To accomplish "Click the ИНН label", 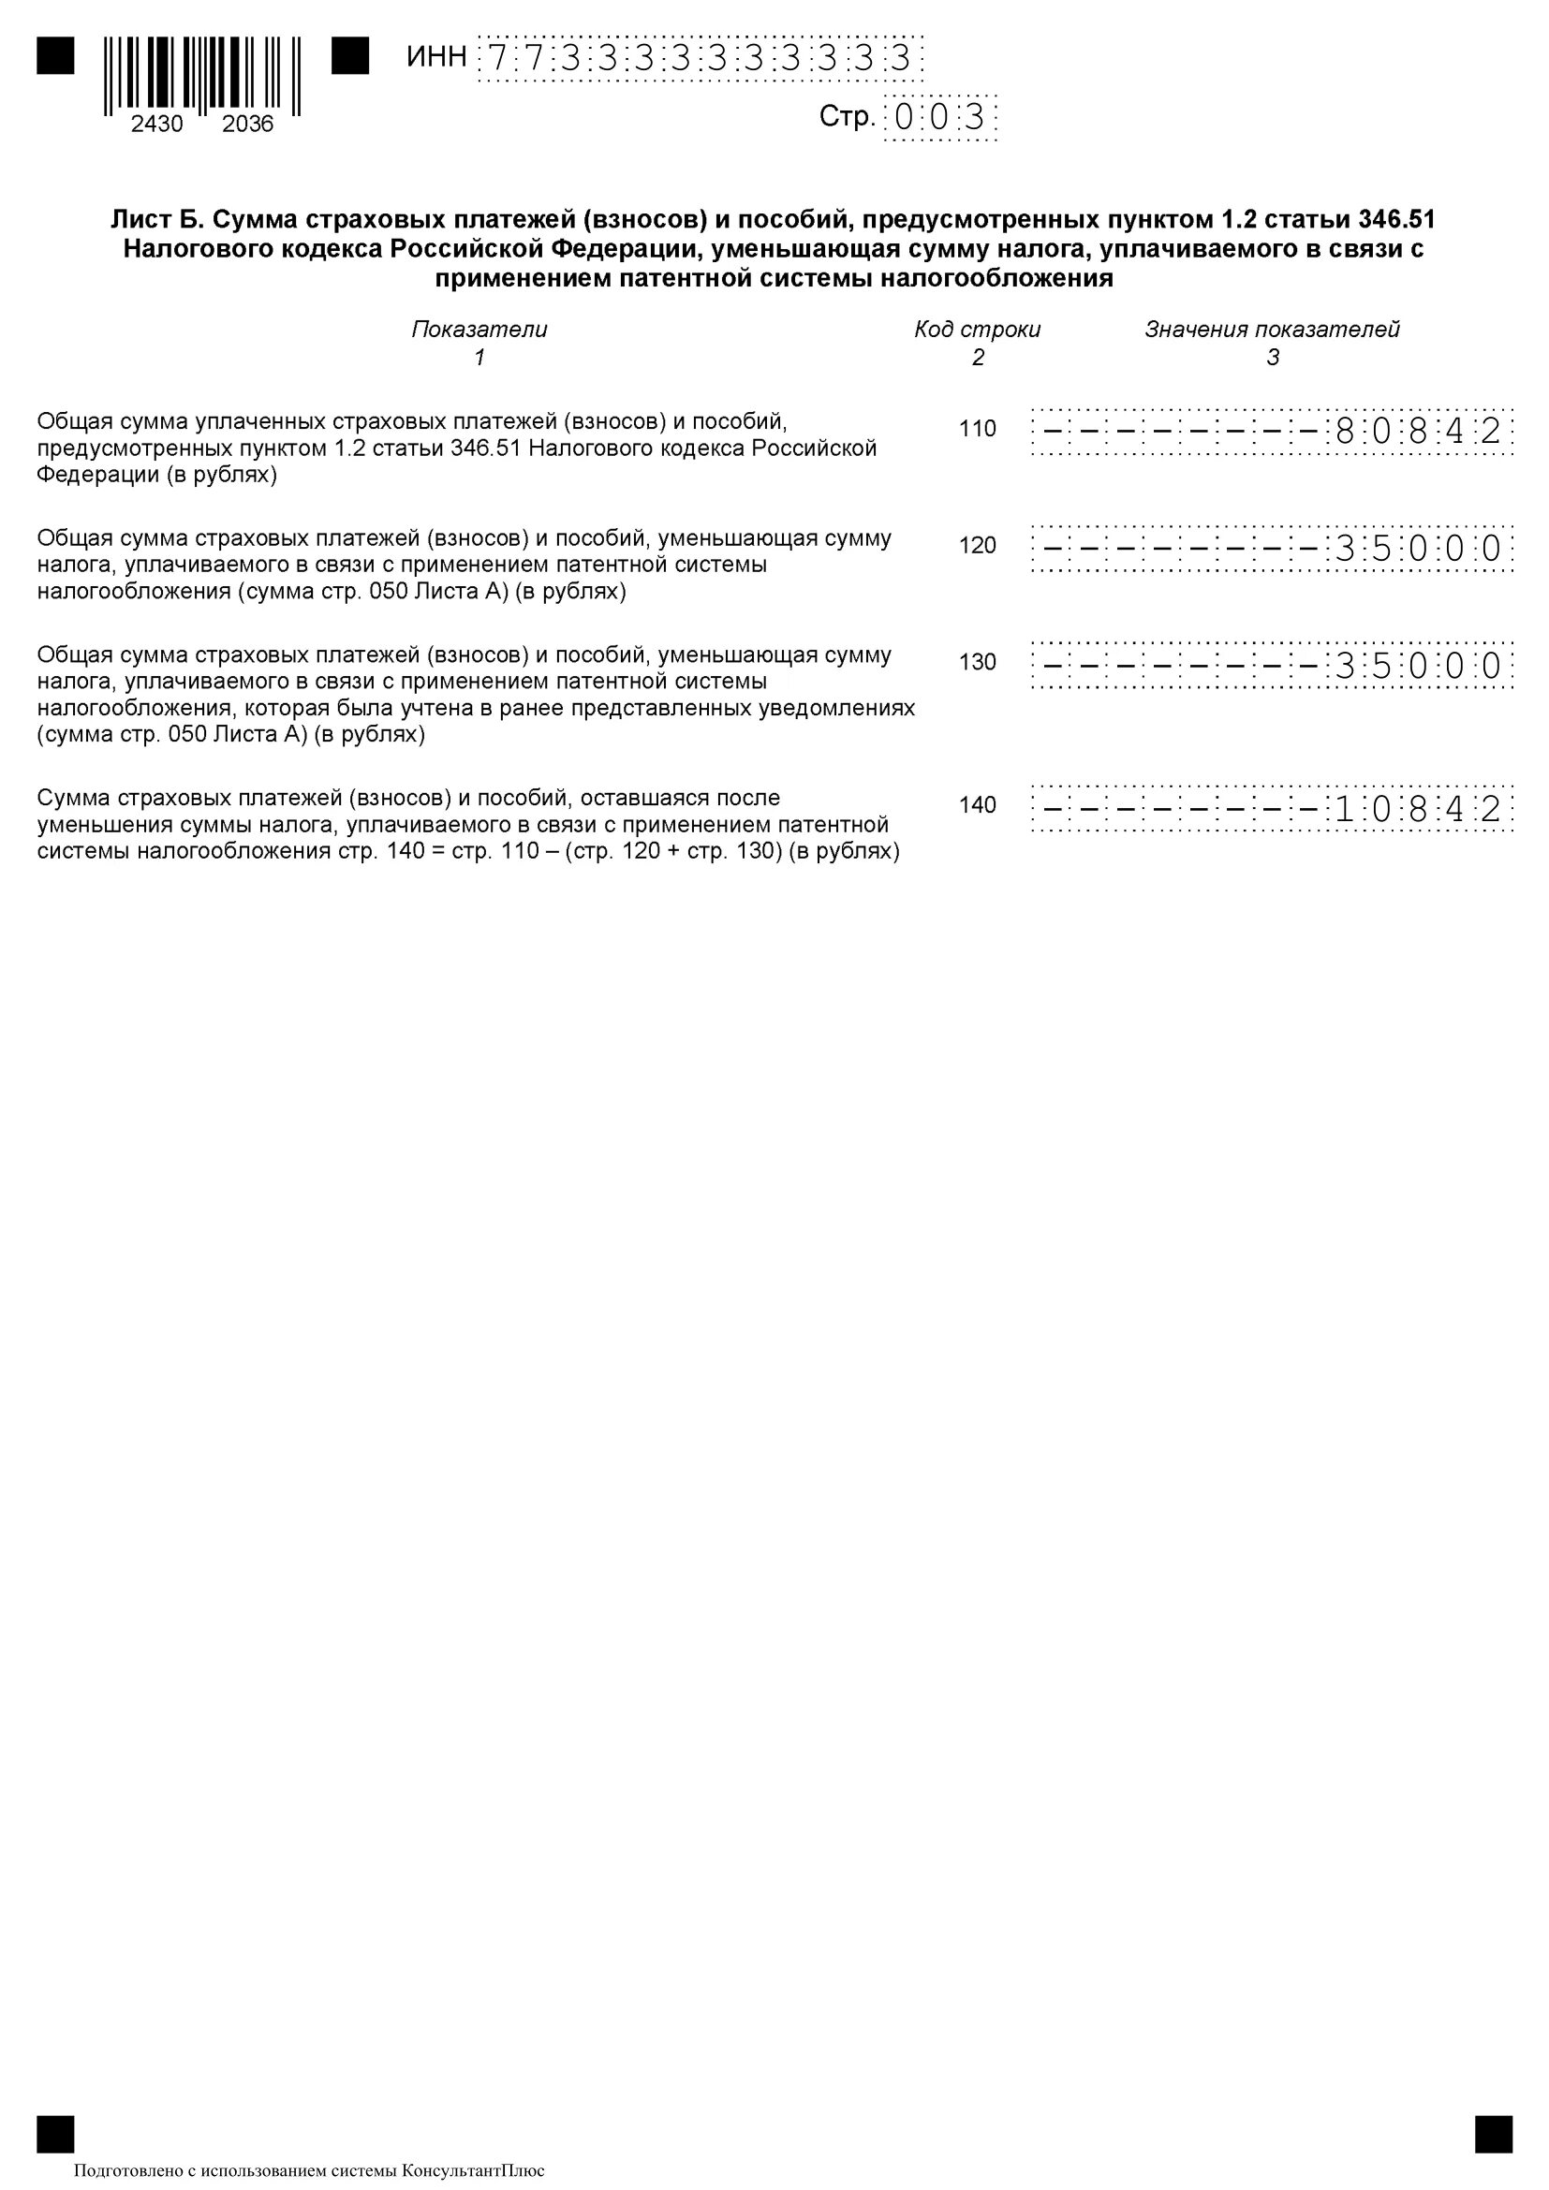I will [435, 57].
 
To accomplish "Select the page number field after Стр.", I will [940, 118].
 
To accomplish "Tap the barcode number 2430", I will [157, 124].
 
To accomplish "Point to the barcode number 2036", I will [248, 124].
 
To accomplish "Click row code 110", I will [978, 429].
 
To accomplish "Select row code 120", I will [978, 546].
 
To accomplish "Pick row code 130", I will [978, 662].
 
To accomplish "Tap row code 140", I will [978, 805].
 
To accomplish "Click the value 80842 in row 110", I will [1418, 431].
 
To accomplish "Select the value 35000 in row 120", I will [1418, 549].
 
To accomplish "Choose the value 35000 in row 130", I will [1418, 665].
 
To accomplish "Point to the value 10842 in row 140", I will [1418, 809].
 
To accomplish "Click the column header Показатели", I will [479, 330].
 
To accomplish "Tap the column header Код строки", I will [978, 330].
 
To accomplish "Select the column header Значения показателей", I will [1273, 330].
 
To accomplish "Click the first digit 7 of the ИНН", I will [497, 59].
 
